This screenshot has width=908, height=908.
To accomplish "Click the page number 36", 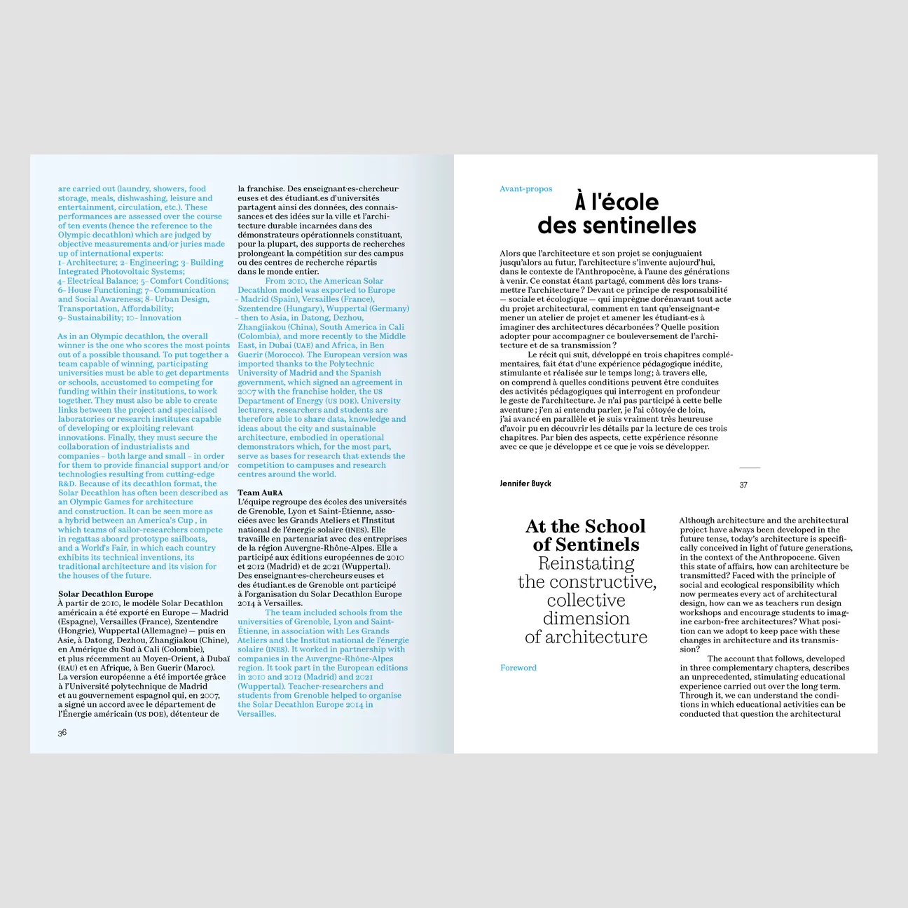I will [62, 733].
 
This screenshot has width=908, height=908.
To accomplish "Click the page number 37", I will [743, 485].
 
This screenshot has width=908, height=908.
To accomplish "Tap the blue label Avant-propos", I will [525, 189].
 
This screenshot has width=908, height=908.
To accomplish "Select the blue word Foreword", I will [518, 668].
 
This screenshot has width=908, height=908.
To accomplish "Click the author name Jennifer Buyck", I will [525, 483].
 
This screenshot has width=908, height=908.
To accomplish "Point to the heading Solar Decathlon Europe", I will [105, 594].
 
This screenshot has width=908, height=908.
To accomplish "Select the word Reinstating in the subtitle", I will [586, 563].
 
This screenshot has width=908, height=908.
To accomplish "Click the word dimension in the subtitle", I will [586, 619].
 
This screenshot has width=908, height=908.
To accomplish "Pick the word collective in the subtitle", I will [586, 600].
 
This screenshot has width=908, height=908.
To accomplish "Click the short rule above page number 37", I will [750, 467].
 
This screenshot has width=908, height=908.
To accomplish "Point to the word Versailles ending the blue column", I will [256, 714].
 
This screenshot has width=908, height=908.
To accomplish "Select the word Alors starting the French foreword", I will [510, 254].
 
